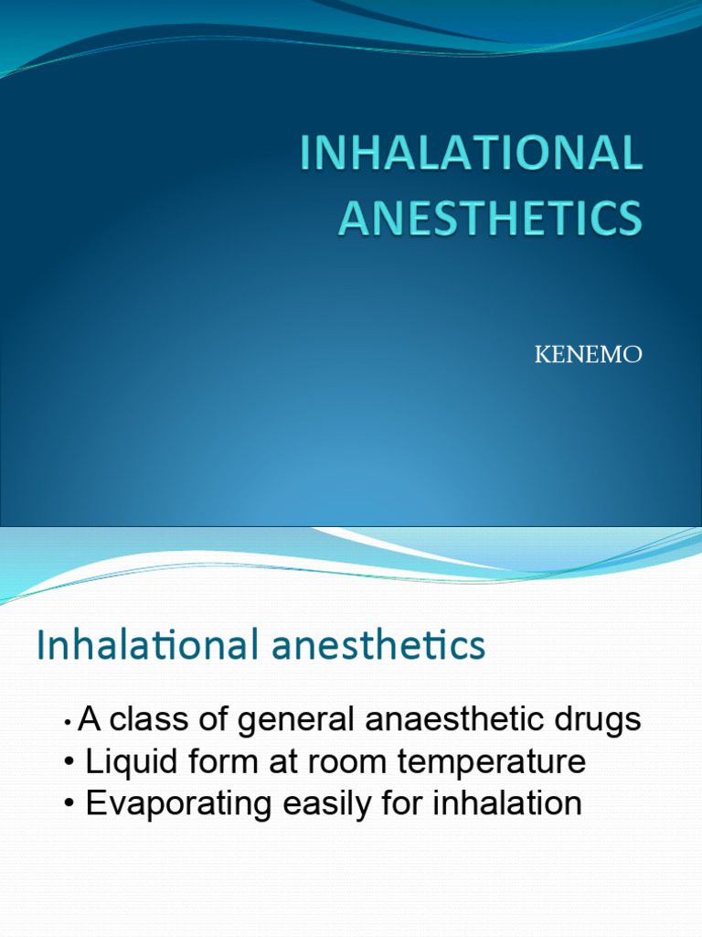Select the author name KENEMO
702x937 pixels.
pos(588,355)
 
